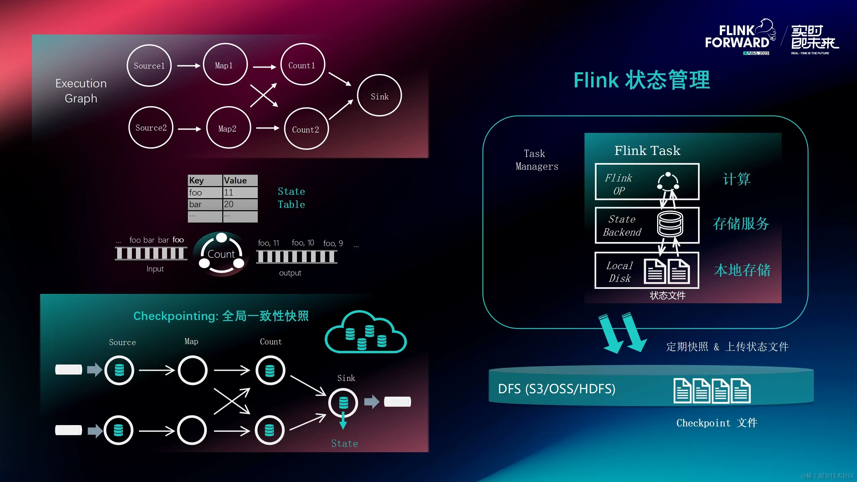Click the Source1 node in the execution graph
[149, 66]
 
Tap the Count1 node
[302, 65]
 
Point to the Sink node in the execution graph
[379, 96]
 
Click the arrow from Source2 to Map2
[189, 129]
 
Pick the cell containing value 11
[240, 192]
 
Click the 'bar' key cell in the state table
[205, 204]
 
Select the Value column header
[240, 180]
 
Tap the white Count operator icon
[222, 253]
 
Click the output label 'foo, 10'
[303, 243]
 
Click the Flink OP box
[647, 182]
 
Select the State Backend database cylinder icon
[670, 224]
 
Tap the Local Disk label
[619, 271]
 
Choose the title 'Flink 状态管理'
[641, 80]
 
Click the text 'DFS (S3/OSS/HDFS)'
[556, 389]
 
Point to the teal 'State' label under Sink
[344, 444]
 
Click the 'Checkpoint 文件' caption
[717, 423]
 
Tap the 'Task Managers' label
[537, 160]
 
